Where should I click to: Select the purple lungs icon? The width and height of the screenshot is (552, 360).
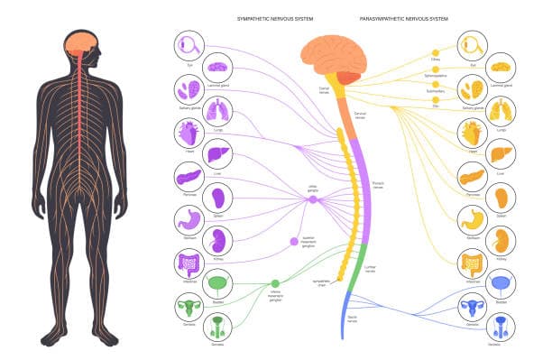[218, 112]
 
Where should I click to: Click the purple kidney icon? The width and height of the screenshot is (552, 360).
[218, 240]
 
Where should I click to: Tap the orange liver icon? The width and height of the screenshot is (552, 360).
[501, 154]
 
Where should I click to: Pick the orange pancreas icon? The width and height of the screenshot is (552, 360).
[472, 177]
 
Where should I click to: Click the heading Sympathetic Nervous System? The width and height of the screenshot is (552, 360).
[275, 18]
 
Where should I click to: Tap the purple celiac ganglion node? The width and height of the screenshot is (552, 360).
[313, 199]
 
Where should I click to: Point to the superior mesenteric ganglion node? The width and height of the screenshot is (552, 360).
[293, 242]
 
